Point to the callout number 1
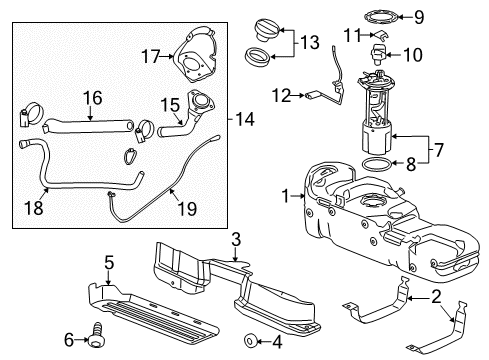(287, 197)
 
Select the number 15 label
(167, 103)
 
